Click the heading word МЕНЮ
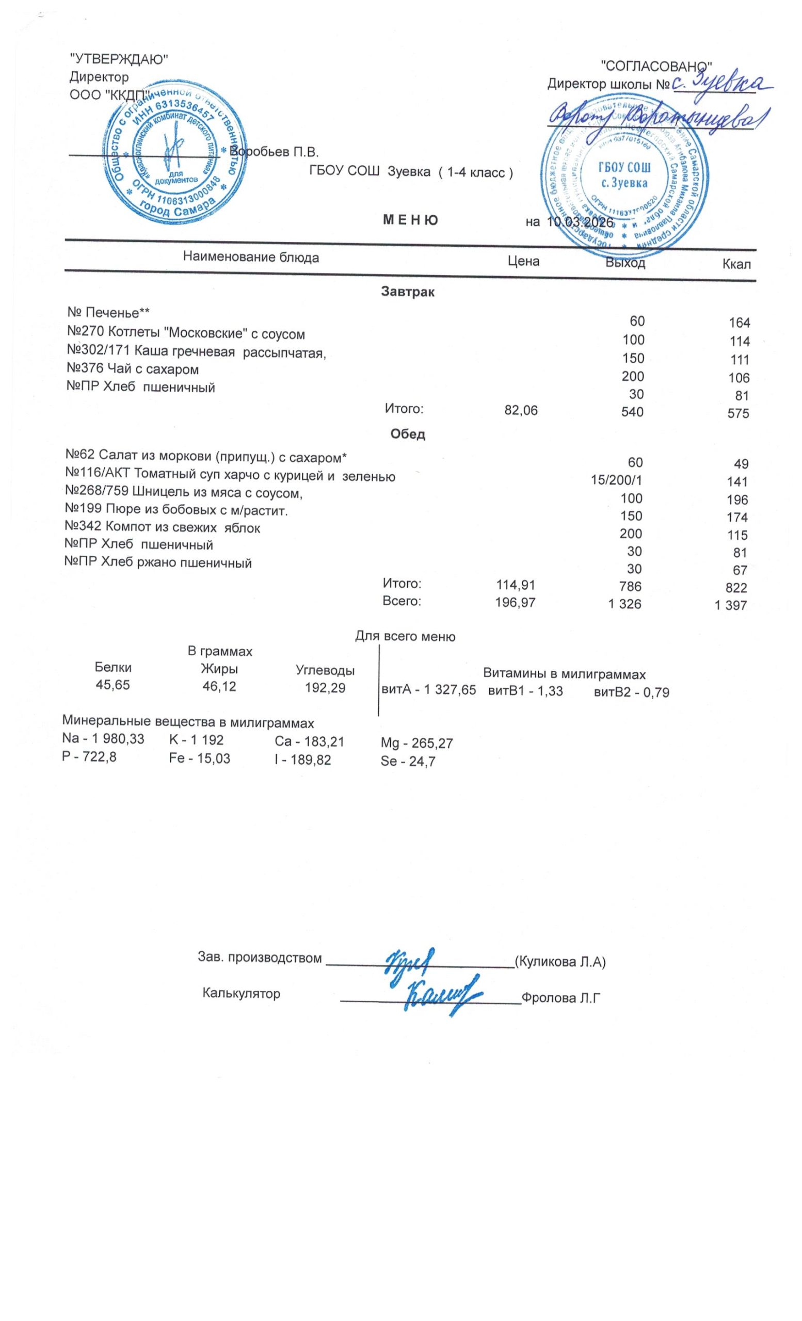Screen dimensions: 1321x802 (x=410, y=220)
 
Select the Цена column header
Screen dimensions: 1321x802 (x=523, y=261)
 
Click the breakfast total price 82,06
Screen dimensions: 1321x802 (x=521, y=410)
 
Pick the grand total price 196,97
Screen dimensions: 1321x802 (x=515, y=603)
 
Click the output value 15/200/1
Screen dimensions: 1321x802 (x=616, y=480)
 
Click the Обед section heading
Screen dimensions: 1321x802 (x=407, y=434)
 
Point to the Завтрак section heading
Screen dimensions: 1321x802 (x=407, y=292)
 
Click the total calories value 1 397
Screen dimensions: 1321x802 (x=730, y=606)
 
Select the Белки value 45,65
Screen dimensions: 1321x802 (x=113, y=685)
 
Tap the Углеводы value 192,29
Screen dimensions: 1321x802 (x=325, y=687)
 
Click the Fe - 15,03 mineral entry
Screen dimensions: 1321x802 (x=199, y=759)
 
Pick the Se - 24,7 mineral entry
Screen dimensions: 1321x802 (x=407, y=761)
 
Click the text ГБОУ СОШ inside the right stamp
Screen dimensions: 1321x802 (x=624, y=167)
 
